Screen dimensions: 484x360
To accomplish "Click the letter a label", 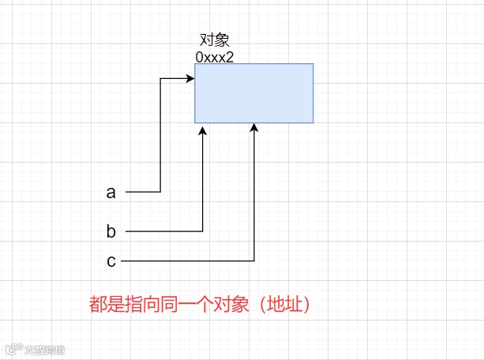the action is coord(111,192).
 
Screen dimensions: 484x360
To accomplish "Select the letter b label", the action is coord(111,231).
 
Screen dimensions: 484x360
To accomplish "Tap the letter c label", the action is coord(111,261).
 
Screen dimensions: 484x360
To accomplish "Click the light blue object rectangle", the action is coord(253,93).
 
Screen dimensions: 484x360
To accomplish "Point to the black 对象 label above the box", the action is coord(215,41).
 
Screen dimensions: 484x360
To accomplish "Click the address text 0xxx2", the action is coord(215,57).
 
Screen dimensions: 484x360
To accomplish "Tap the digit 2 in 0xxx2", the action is coord(230,57).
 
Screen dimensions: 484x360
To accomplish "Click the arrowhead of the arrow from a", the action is coord(190,78).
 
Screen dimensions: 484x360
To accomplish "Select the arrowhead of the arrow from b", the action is coord(203,128).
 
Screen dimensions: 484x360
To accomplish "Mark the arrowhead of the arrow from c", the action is coord(254,128).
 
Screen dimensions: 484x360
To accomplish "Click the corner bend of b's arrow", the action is coord(203,231).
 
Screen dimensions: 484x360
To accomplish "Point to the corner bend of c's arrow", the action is coord(254,261).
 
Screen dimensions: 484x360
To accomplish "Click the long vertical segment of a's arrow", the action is coord(160,134).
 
